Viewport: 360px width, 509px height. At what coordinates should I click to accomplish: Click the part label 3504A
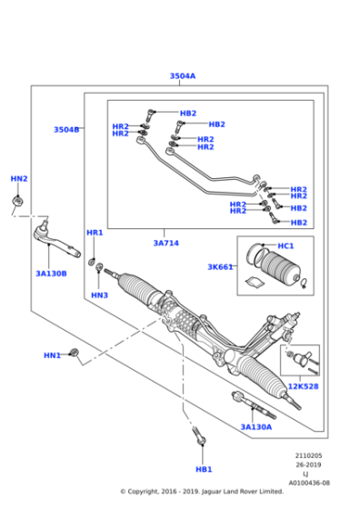[182, 76]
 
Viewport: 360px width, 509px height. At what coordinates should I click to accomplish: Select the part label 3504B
[65, 130]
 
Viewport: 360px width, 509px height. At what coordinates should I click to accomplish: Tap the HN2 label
[19, 179]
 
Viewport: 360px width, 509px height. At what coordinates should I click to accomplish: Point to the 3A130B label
[51, 273]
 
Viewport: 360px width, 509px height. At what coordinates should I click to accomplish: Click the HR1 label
[95, 234]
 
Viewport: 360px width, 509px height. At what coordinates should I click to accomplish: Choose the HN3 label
[99, 295]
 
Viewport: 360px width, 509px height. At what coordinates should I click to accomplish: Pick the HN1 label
[52, 355]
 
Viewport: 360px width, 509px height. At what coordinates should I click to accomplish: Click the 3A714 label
[165, 243]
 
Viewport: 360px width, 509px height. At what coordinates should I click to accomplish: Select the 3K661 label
[220, 267]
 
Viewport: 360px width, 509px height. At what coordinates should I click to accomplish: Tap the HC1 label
[285, 246]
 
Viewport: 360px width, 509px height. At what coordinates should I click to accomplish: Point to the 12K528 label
[303, 386]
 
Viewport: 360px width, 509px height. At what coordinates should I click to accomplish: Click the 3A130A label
[255, 426]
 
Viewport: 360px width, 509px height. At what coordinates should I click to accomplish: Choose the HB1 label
[203, 469]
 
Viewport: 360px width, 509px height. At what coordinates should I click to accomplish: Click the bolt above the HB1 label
[198, 438]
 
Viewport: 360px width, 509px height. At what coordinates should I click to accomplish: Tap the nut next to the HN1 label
[75, 352]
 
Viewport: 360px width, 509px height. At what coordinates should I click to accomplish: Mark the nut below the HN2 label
[18, 199]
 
